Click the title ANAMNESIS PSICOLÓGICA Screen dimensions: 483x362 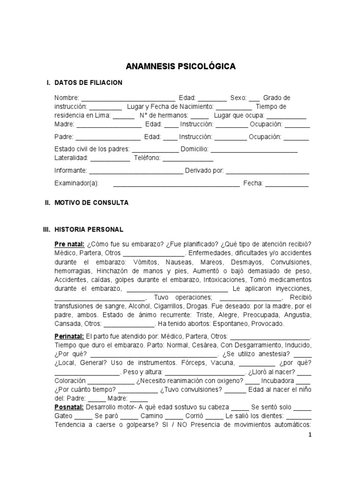click(x=181, y=67)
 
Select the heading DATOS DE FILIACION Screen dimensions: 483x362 click(x=88, y=83)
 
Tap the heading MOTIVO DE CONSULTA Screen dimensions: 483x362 click(x=91, y=203)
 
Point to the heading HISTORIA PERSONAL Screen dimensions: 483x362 click(x=89, y=230)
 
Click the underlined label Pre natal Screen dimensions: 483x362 click(x=69, y=244)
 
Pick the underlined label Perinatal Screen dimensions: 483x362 click(x=69, y=336)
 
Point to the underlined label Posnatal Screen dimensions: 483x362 click(x=70, y=407)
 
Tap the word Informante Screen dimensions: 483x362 click(x=71, y=170)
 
